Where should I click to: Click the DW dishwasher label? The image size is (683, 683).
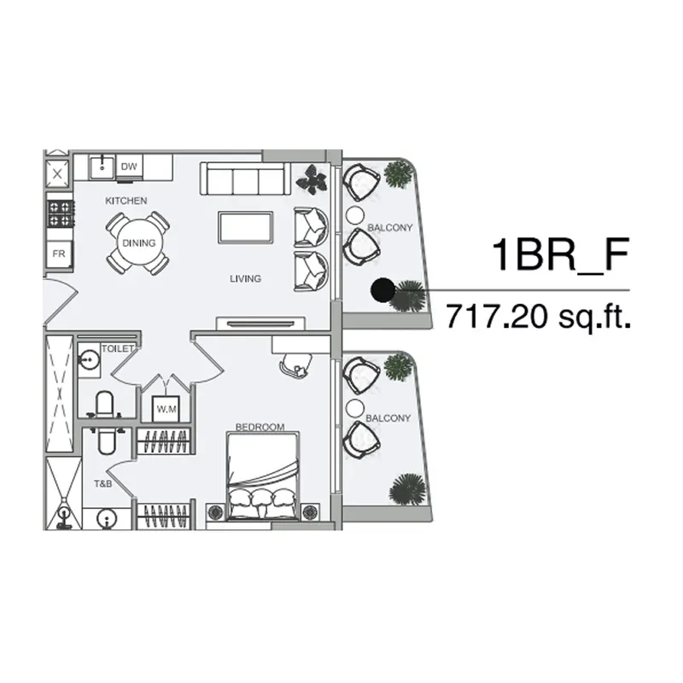click(x=129, y=166)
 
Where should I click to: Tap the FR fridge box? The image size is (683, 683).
click(x=59, y=254)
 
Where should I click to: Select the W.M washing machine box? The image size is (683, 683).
click(x=166, y=409)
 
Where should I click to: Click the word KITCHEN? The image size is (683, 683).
click(x=126, y=201)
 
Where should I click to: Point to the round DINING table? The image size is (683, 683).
click(x=138, y=243)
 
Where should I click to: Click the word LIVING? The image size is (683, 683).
click(x=245, y=279)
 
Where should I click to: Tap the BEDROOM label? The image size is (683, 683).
click(x=260, y=428)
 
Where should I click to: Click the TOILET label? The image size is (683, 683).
click(x=117, y=349)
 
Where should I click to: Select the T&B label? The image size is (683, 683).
click(x=102, y=484)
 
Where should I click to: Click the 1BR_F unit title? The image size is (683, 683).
click(x=561, y=254)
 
